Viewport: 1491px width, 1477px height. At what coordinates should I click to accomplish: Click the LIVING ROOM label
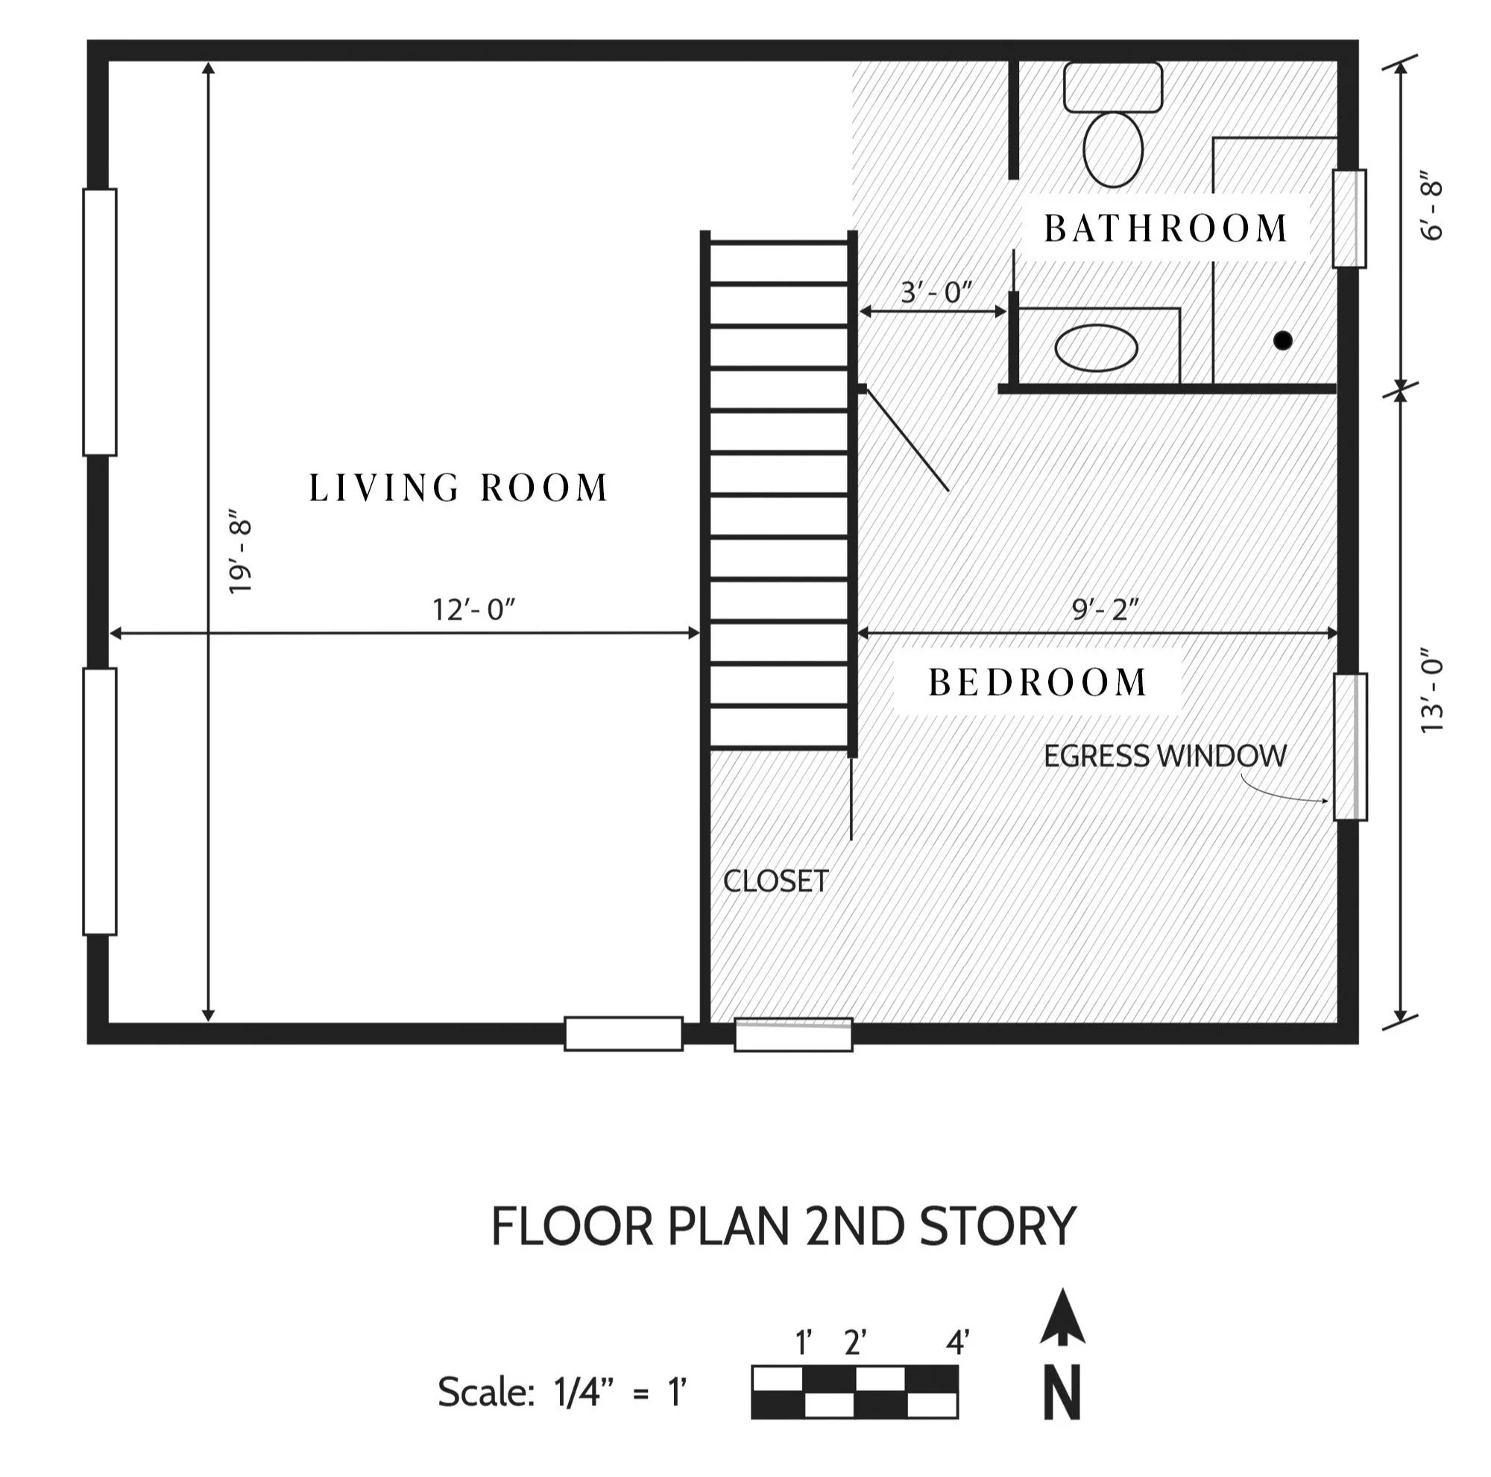coord(459,488)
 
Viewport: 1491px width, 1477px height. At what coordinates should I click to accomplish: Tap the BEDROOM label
coord(1037,682)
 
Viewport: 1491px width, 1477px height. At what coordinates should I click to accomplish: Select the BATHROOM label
coord(1166,228)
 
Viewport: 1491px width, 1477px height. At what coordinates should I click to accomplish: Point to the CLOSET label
coord(775,881)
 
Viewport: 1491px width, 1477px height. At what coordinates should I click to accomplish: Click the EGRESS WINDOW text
coord(1165,756)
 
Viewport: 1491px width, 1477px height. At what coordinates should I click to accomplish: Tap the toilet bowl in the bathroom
coord(1113,149)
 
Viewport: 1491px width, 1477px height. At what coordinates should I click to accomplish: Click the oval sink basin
coord(1096,348)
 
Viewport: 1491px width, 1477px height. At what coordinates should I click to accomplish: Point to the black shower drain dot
coord(1282,340)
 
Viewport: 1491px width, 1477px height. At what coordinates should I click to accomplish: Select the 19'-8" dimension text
coord(242,550)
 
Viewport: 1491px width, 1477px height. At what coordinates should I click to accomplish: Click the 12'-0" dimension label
coord(473,610)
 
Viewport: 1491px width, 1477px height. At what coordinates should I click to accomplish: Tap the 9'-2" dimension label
coord(1105,610)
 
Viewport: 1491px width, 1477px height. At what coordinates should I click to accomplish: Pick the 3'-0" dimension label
coord(937,292)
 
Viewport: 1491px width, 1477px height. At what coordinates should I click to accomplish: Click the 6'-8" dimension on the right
coord(1431,211)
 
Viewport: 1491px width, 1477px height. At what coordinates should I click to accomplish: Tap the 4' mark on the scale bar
coord(958,1344)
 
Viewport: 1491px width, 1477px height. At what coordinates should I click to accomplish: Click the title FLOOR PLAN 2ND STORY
coord(784,1226)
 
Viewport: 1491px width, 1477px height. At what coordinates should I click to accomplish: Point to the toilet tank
coord(1113,87)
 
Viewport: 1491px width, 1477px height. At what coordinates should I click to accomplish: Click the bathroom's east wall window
coord(1350,218)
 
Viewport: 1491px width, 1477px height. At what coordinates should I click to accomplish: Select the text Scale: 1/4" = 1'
coord(562,1392)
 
